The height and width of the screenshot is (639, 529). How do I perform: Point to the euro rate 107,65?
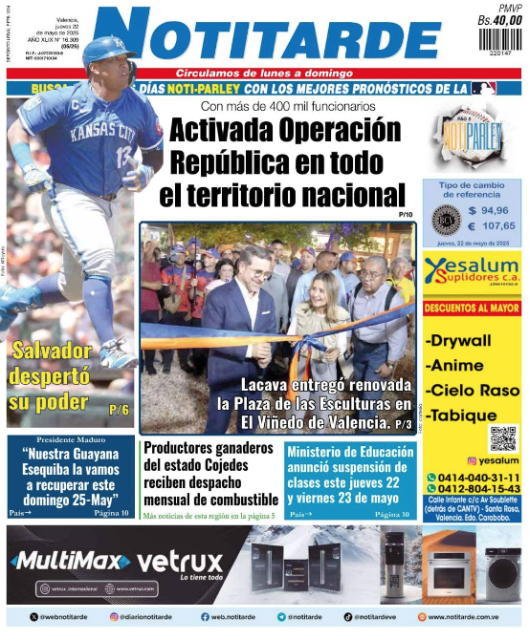[492, 226]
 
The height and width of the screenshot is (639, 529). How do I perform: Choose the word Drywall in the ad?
[459, 341]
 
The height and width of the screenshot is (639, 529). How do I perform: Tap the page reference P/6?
[119, 410]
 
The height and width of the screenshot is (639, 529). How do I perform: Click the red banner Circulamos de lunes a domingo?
[262, 74]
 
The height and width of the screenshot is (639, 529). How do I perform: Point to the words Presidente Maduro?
[69, 442]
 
